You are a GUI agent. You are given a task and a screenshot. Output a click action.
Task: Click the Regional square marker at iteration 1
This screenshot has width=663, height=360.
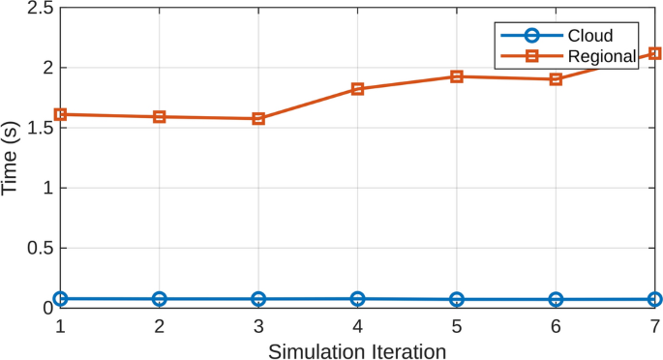coord(60,114)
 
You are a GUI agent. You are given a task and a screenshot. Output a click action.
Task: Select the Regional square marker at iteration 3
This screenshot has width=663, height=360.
coord(258,119)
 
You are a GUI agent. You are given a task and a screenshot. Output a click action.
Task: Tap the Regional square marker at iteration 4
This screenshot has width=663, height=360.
coord(358,89)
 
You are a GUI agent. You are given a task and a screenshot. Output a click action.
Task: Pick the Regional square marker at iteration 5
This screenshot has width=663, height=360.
coord(457,76)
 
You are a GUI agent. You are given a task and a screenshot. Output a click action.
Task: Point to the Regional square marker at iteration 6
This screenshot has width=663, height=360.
coord(556,79)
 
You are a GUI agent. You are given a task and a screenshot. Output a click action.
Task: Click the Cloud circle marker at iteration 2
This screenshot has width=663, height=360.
coord(160,299)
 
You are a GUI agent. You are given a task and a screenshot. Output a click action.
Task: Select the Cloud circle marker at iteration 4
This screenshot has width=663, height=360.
coord(358,299)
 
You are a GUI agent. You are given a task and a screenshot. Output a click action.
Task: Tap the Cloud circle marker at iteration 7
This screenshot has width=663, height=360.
coord(654,300)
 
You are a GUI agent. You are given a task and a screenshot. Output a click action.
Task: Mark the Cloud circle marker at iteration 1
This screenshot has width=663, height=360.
coord(60,299)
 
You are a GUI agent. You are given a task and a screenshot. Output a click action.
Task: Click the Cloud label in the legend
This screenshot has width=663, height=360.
coord(589,37)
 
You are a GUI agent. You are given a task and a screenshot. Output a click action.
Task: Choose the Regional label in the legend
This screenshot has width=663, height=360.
coord(601,57)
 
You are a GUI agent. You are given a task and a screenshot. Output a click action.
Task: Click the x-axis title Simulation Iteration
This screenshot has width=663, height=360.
coord(357,348)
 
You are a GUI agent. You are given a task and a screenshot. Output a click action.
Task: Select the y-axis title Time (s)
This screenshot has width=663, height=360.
coord(11,158)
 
